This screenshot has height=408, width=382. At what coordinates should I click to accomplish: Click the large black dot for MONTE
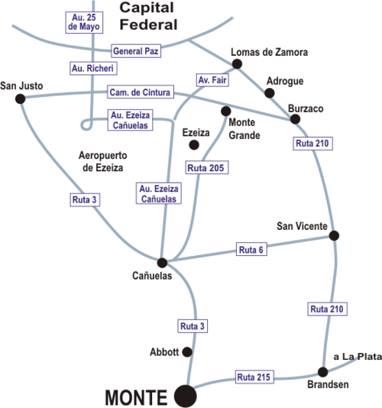click(186, 396)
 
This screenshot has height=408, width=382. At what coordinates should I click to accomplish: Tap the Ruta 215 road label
click(254, 377)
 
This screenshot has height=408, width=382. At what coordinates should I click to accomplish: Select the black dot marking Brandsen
click(322, 372)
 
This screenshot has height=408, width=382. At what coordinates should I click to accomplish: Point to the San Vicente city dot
click(334, 235)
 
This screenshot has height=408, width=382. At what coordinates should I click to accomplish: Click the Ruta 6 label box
click(251, 249)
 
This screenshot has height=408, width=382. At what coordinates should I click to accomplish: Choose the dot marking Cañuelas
click(162, 263)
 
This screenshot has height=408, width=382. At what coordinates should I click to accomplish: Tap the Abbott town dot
click(187, 352)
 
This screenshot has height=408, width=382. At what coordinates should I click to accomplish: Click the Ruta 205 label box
click(206, 167)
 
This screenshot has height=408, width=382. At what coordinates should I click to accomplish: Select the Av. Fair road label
click(212, 80)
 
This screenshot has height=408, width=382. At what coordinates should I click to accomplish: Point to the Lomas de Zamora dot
click(237, 63)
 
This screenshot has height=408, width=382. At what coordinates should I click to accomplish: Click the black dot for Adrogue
click(270, 93)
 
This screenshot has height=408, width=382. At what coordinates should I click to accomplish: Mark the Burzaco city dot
click(295, 119)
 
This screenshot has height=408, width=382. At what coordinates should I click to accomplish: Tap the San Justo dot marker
click(21, 99)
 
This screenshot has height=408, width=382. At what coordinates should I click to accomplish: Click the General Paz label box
click(136, 51)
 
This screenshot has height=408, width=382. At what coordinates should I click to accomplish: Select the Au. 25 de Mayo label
click(84, 22)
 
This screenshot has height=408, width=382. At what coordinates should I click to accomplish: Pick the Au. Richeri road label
click(93, 69)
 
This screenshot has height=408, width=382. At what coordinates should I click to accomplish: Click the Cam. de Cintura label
click(141, 92)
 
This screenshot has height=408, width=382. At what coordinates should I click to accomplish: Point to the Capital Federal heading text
click(148, 16)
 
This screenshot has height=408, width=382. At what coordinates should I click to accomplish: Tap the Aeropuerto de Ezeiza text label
click(103, 161)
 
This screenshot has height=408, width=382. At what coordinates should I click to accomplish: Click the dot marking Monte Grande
click(226, 111)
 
